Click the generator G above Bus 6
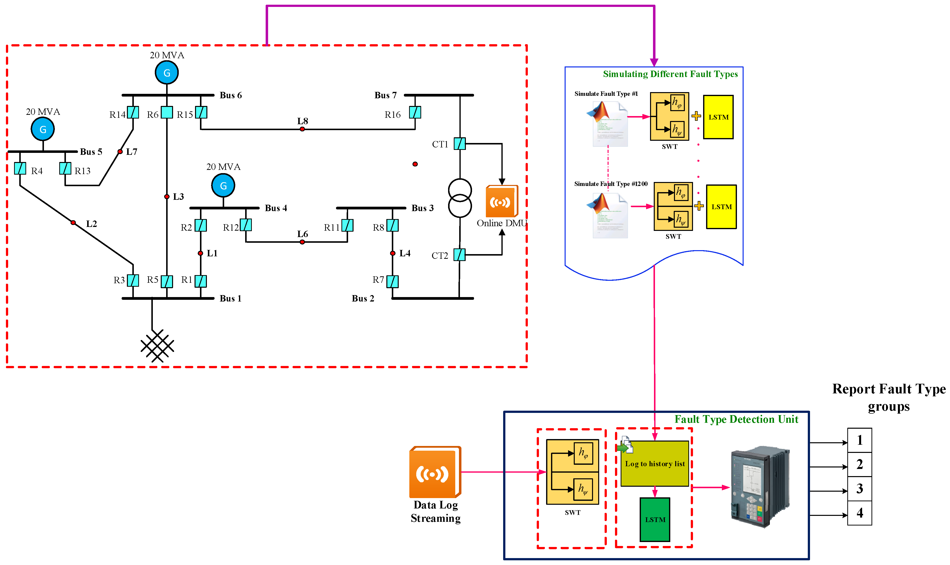[167, 73]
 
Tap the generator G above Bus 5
[43, 129]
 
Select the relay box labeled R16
[415, 113]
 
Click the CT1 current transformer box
[459, 144]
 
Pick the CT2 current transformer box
[459, 255]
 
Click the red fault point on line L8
[302, 129]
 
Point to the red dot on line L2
[73, 223]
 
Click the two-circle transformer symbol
[460, 198]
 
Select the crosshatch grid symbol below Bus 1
[157, 346]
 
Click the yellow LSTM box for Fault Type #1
[718, 117]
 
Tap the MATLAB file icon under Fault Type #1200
[607, 216]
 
